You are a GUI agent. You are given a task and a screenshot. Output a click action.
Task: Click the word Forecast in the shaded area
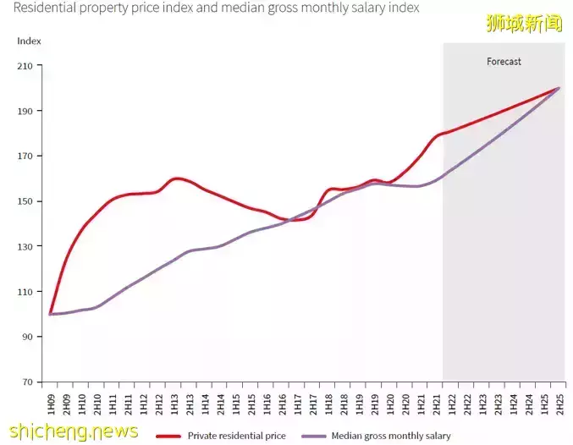pos(504,62)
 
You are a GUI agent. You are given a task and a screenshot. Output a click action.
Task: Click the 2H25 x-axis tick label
pos(559,400)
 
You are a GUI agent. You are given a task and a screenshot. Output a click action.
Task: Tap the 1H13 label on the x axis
pos(174,400)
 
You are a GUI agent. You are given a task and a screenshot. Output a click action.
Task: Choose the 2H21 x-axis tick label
pos(436,400)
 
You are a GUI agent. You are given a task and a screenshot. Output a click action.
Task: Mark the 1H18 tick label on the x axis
pos(328,400)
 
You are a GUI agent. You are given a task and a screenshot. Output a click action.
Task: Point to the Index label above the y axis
pos(28,41)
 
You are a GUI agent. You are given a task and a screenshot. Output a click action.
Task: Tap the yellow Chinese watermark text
pos(524,23)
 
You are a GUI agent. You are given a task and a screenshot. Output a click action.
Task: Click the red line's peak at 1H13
pos(175,179)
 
